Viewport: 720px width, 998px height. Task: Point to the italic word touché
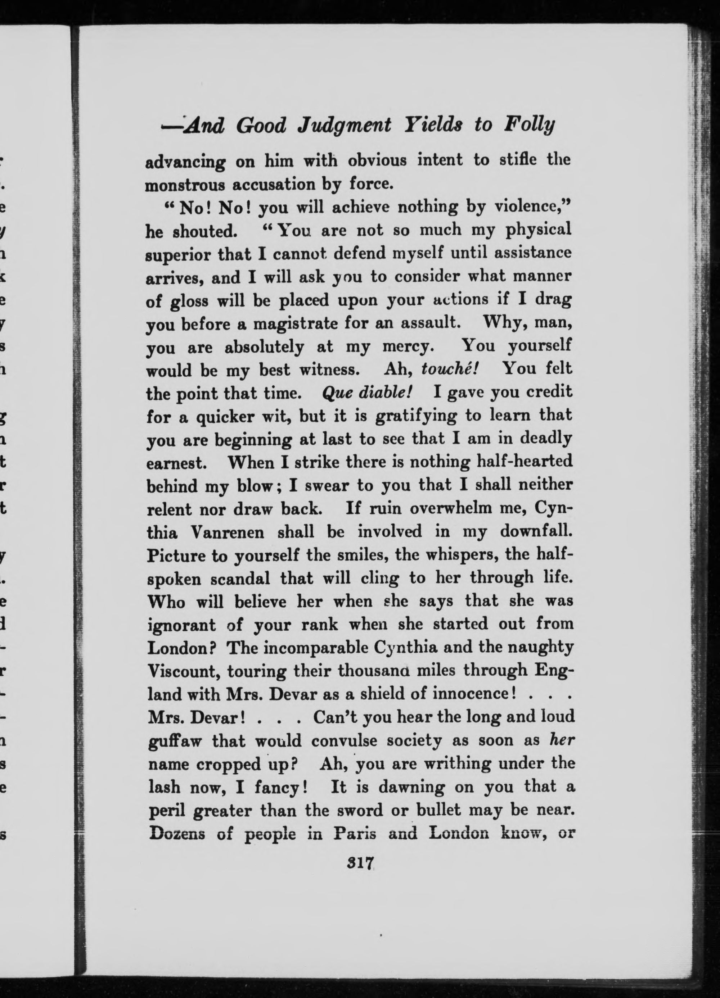449,368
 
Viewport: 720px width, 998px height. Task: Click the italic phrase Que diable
366,392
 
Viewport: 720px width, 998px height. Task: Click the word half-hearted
525,461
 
